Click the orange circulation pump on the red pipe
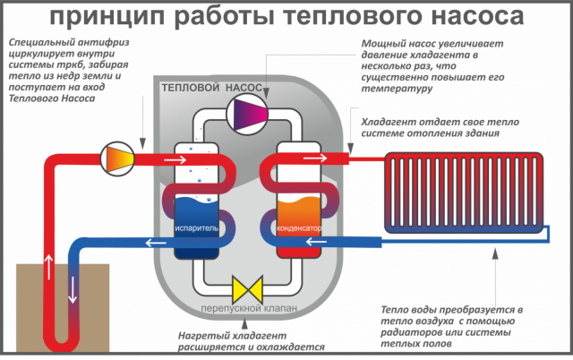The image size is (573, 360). tap(118, 158)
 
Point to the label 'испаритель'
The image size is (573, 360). tap(197, 230)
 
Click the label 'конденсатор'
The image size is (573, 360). tap(298, 230)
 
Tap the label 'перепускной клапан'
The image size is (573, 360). tap(243, 310)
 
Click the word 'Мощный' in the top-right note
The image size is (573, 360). tap(384, 43)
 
